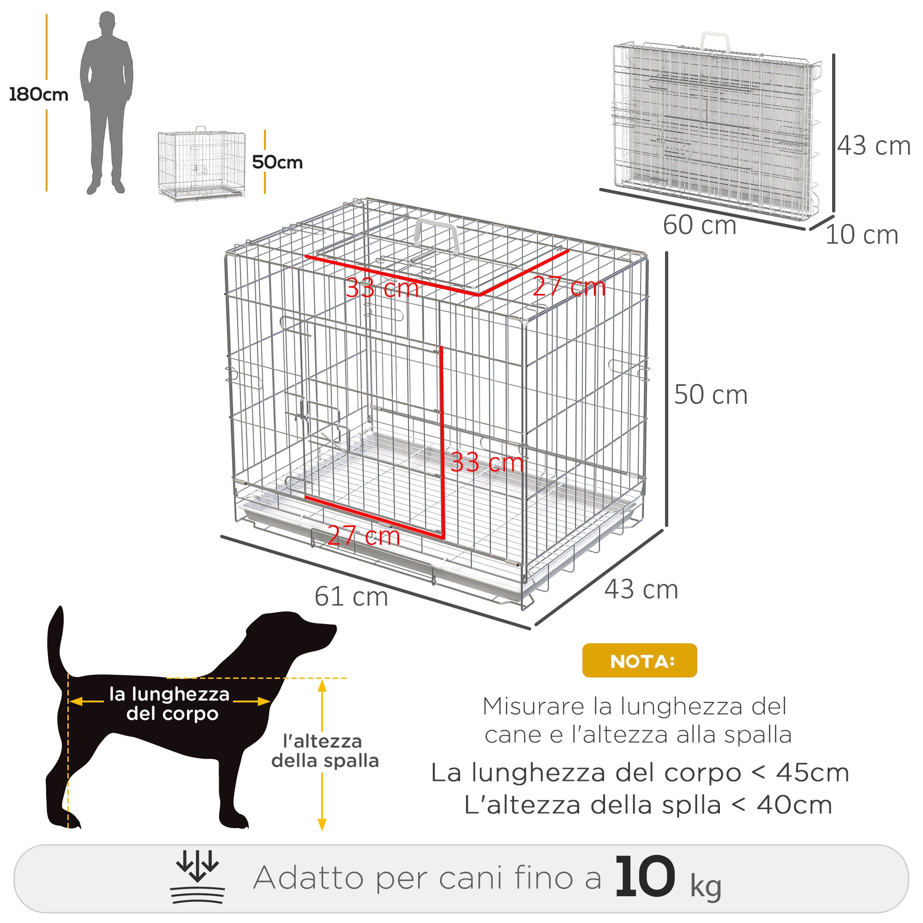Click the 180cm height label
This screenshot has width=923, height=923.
pyautogui.click(x=38, y=95)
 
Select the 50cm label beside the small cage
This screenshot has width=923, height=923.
pyautogui.click(x=277, y=162)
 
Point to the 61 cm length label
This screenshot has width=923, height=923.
pyautogui.click(x=351, y=597)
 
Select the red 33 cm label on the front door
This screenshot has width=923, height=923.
pyautogui.click(x=486, y=462)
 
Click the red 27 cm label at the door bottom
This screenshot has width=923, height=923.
pyautogui.click(x=364, y=535)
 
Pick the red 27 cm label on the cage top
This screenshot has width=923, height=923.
pyautogui.click(x=569, y=287)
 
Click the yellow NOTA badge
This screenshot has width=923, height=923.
pyautogui.click(x=639, y=661)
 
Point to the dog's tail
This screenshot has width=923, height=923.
pyautogui.click(x=56, y=640)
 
